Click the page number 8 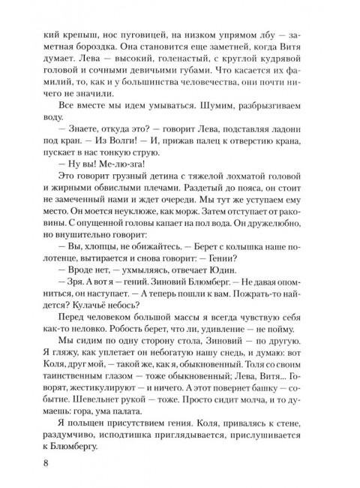28,460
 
